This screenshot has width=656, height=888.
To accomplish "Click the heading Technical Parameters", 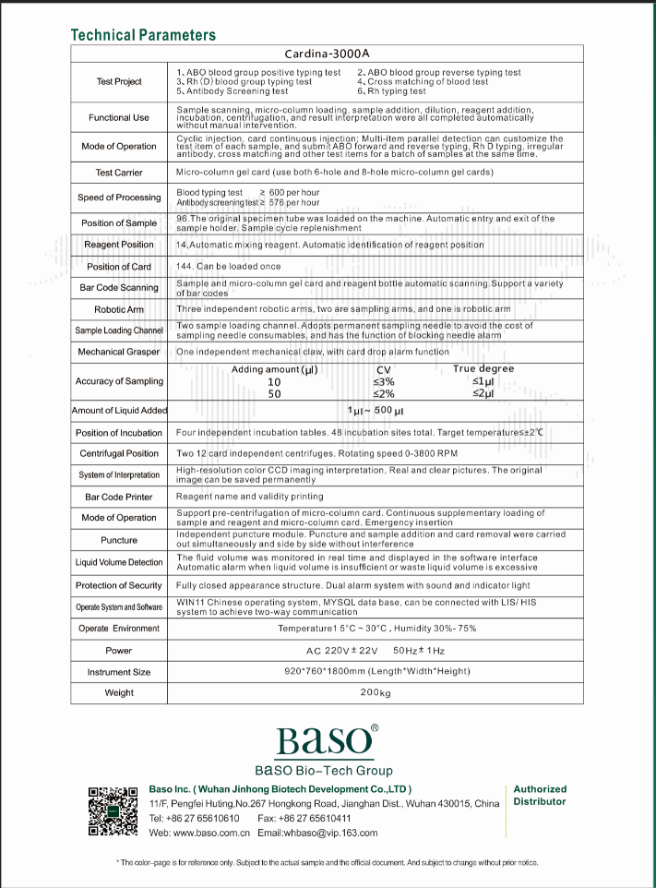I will click(x=143, y=35).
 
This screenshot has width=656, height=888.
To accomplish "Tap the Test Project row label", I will click(x=119, y=82).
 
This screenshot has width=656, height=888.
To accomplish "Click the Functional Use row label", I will click(x=119, y=118).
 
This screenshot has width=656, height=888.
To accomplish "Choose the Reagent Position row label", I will click(x=119, y=245).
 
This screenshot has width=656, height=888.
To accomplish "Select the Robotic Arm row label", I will click(x=119, y=309).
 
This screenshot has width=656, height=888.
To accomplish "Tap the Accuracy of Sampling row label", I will click(x=119, y=381).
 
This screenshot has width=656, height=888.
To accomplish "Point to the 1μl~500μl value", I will click(x=376, y=411).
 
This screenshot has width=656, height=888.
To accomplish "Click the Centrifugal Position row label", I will click(x=119, y=453).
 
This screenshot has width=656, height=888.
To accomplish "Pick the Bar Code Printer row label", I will click(x=119, y=497).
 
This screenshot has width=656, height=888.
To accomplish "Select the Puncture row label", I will click(x=119, y=540).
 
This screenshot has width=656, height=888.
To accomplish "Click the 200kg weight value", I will click(x=376, y=693).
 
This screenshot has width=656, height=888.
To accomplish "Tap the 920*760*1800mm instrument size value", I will click(x=376, y=671).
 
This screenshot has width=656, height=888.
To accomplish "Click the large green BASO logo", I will click(x=324, y=740).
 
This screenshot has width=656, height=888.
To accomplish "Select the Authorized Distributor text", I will click(x=540, y=796).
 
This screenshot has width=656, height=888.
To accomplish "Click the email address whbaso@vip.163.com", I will click(x=317, y=833).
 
